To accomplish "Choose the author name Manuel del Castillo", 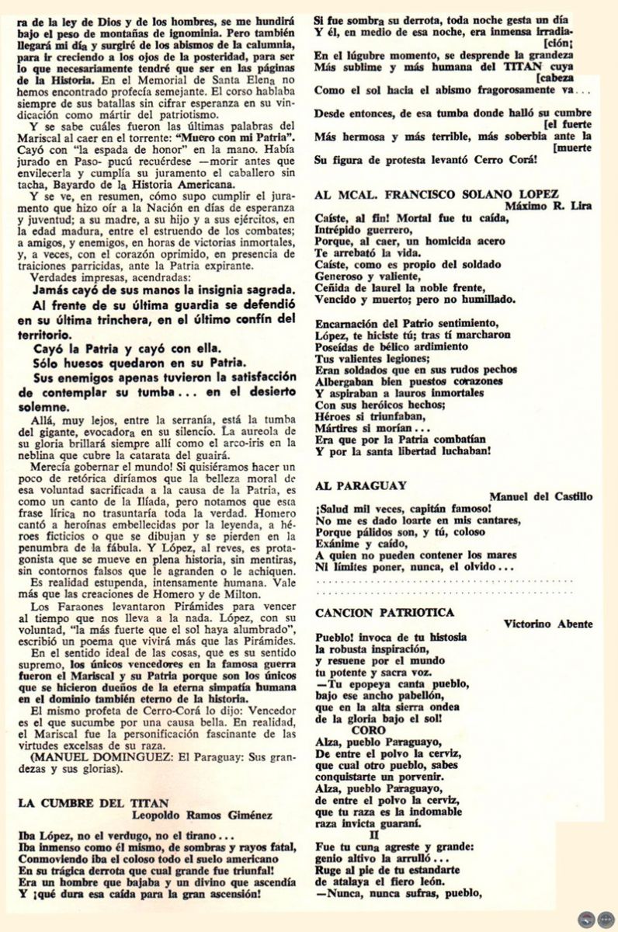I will point(551,497).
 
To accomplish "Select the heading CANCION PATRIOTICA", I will point(385,612).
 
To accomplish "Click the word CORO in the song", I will point(368,730).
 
